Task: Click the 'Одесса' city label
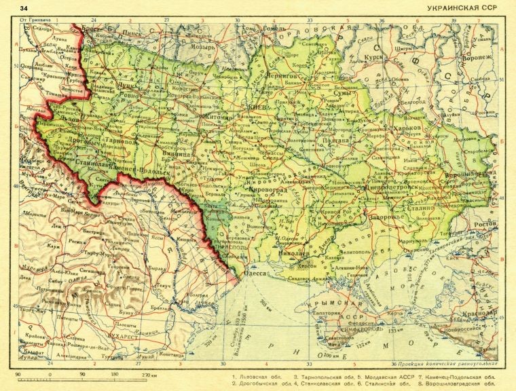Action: (255, 274)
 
